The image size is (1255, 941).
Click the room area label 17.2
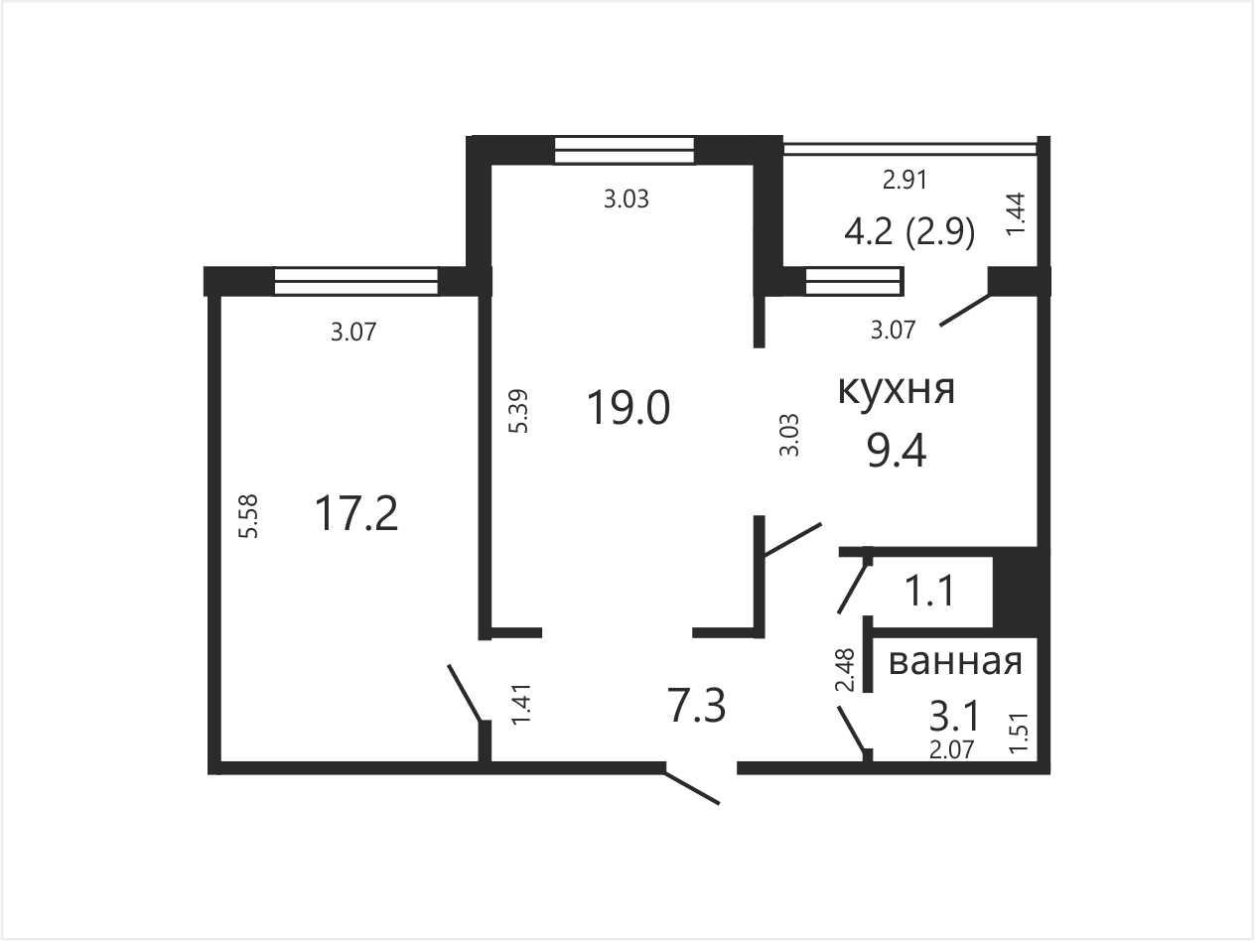click(x=356, y=514)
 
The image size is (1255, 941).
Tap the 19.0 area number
click(x=628, y=408)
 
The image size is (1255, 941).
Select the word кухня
click(x=896, y=390)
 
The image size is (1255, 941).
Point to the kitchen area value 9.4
click(x=897, y=450)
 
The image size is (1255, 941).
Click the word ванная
click(x=955, y=662)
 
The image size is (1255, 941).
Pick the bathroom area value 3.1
click(x=954, y=717)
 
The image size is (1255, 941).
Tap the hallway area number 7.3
click(x=696, y=705)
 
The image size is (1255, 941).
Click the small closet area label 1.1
click(x=930, y=591)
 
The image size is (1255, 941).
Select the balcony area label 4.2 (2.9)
click(x=909, y=232)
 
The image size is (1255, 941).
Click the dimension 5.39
click(x=518, y=411)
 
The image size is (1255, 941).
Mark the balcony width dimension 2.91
click(x=905, y=181)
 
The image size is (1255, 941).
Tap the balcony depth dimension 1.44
click(x=1016, y=214)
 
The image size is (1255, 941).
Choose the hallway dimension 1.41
click(x=521, y=704)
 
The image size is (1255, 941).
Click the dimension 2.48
click(x=845, y=670)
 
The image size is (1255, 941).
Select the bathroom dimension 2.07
click(x=951, y=749)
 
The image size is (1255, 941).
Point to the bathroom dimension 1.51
click(x=1020, y=733)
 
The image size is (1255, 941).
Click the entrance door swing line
click(x=692, y=788)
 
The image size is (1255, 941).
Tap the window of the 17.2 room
click(x=355, y=282)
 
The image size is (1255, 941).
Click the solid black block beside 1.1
click(x=1021, y=593)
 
